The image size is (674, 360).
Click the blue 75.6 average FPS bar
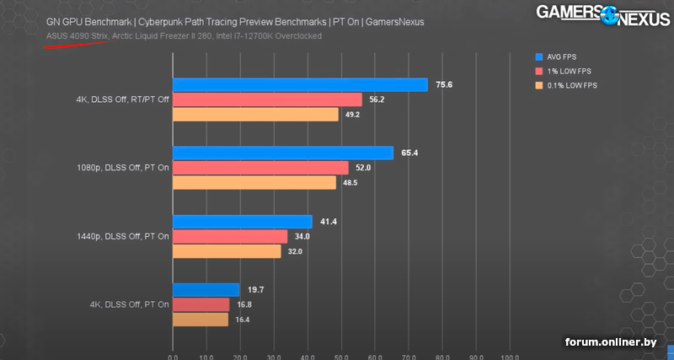click(x=300, y=84)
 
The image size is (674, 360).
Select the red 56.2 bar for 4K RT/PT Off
click(x=267, y=99)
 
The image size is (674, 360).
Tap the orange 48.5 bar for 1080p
click(x=254, y=182)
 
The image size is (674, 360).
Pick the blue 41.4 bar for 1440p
click(x=243, y=222)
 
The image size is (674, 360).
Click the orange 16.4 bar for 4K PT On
click(x=201, y=320)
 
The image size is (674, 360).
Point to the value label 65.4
click(x=410, y=153)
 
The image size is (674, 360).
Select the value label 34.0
click(x=302, y=237)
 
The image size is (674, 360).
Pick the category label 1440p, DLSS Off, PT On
click(x=122, y=237)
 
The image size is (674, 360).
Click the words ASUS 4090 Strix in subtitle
click(x=75, y=36)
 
